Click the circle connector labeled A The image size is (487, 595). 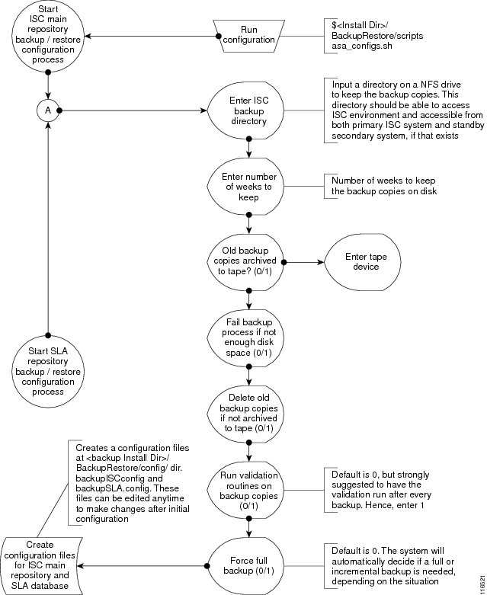[x=48, y=110]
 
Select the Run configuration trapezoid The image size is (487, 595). [x=248, y=36]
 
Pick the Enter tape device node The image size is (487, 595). [x=363, y=262]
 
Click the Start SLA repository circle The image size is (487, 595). [x=48, y=372]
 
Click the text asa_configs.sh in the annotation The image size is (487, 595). [x=362, y=46]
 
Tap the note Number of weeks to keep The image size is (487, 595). [x=384, y=186]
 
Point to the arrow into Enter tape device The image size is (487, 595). [x=304, y=262]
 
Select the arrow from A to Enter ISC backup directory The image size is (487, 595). [x=133, y=110]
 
